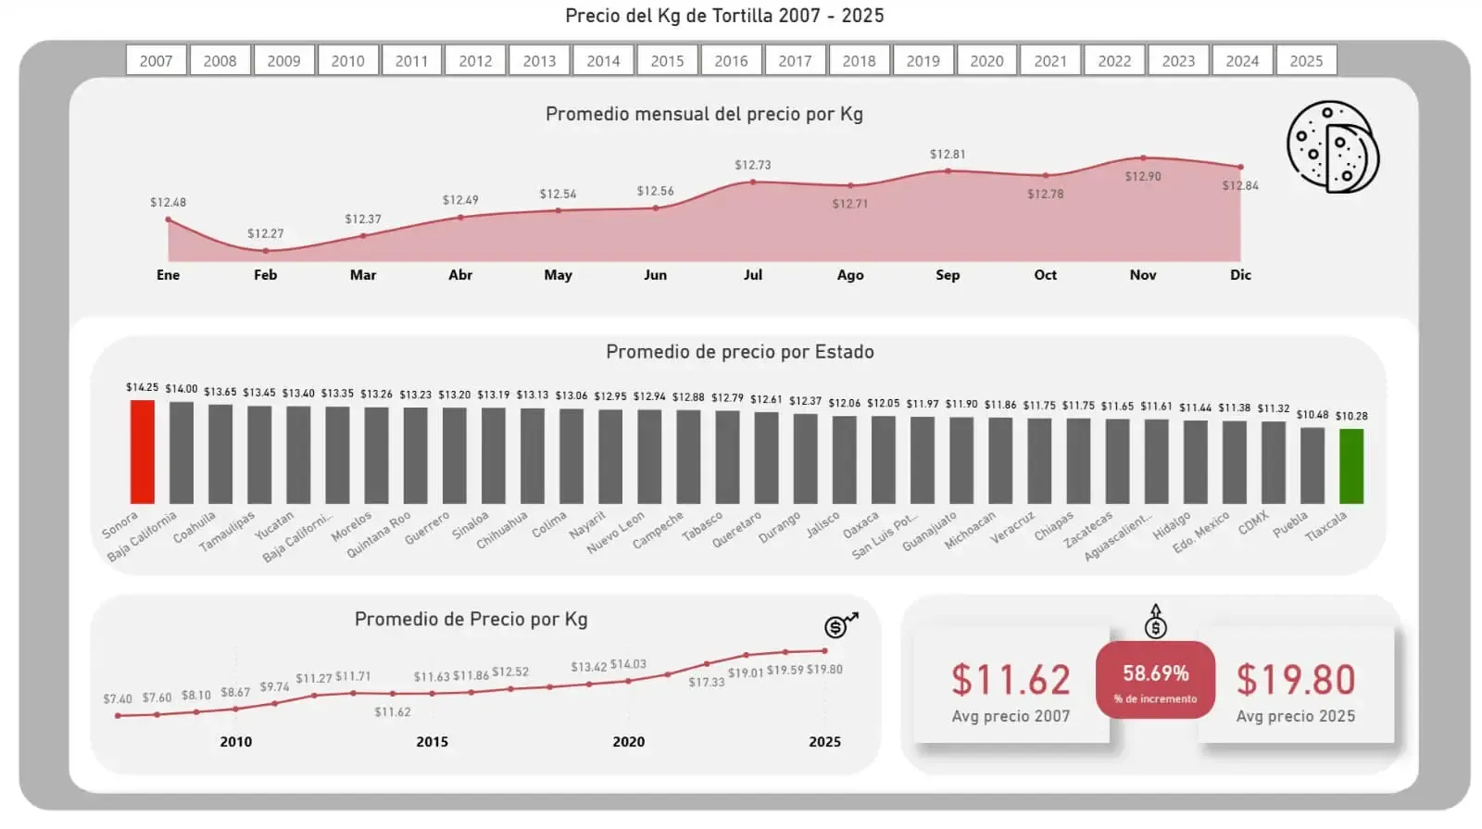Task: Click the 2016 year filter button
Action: point(731,61)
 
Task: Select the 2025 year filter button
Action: point(1306,61)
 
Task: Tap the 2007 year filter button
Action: point(156,61)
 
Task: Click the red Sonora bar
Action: point(142,451)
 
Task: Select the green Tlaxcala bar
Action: point(1351,465)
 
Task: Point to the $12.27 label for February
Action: point(266,233)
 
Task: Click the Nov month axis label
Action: point(1143,275)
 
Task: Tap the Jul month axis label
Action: point(753,275)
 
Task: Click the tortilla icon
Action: point(1332,147)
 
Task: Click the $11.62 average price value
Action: point(1011,681)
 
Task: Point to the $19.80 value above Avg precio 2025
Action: point(1296,681)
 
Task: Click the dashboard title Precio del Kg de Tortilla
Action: point(724,16)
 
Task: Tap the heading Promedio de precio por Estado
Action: point(740,352)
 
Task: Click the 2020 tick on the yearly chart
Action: point(629,742)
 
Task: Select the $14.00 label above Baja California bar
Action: point(182,389)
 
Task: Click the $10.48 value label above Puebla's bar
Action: point(1312,415)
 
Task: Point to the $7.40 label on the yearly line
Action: point(118,699)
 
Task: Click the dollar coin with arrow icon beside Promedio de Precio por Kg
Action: point(840,626)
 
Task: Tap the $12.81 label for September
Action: point(948,155)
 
